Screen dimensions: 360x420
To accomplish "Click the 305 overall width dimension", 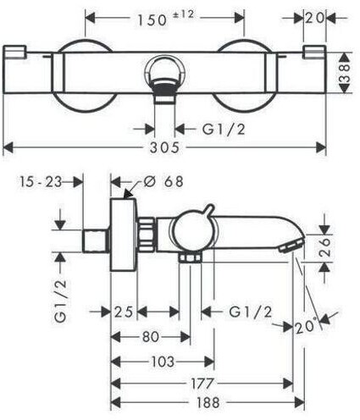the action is (164, 147).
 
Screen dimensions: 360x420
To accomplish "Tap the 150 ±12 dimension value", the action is (166, 19).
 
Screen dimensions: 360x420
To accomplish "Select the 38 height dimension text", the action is (345, 73).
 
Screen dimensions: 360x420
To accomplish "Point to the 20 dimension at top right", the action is (314, 19).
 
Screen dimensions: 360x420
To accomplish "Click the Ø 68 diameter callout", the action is (163, 181).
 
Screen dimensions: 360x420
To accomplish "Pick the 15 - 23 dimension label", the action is (41, 182).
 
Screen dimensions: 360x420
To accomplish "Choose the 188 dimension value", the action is (208, 402).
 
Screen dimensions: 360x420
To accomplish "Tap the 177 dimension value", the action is (202, 384).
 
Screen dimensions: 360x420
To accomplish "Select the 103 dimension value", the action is (163, 362).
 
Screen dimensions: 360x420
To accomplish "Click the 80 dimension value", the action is (151, 337).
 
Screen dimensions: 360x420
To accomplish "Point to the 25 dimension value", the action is (124, 312).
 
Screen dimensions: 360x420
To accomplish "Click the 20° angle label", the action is (305, 327).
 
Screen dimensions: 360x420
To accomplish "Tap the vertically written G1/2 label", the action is (61, 301).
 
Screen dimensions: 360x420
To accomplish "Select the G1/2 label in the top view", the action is (224, 130).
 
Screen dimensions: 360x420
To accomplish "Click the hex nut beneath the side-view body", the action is (191, 257).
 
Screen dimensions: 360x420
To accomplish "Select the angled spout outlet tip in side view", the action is (291, 245).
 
